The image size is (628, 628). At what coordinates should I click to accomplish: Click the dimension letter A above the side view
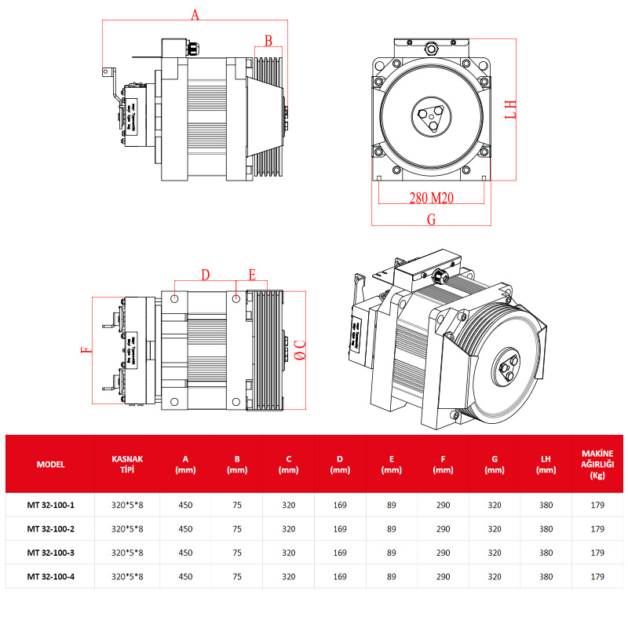click(195, 14)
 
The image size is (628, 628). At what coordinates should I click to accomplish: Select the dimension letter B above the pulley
click(268, 40)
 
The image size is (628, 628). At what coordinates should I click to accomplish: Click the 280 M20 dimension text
click(432, 198)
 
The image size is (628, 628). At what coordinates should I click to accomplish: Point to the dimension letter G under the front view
click(431, 220)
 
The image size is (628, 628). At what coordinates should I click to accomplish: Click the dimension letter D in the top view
click(205, 275)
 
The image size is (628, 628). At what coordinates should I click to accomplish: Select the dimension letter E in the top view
click(252, 275)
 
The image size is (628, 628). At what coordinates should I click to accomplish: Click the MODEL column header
click(50, 464)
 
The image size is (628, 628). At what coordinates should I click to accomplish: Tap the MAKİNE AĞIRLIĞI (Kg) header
click(597, 464)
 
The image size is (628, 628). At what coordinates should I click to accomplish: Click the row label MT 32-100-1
click(50, 506)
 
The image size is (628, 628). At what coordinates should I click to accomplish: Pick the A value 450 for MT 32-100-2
click(185, 529)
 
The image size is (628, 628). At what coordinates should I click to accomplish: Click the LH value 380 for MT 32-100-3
click(546, 553)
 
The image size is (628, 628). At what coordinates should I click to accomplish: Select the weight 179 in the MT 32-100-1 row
click(597, 506)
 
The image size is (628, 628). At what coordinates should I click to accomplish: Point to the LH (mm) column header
click(546, 464)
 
